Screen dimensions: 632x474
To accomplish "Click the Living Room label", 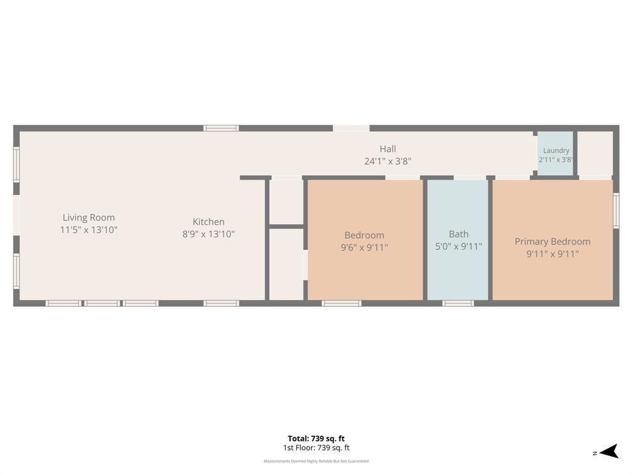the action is click(89, 218).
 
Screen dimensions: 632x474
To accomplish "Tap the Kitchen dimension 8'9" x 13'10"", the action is click(209, 234).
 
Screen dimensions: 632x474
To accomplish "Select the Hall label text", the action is click(388, 149).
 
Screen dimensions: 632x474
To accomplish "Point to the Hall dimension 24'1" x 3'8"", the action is click(388, 162).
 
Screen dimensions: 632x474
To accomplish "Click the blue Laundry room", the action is click(555, 154).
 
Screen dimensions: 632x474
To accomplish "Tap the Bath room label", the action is click(459, 234).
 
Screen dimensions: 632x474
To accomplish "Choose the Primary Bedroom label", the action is click(552, 242).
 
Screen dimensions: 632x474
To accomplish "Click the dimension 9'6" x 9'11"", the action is click(364, 247).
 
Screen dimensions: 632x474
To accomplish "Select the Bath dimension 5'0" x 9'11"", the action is click(459, 247).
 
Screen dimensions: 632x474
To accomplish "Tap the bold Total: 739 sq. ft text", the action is click(316, 439).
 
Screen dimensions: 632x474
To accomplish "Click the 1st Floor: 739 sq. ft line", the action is click(316, 448).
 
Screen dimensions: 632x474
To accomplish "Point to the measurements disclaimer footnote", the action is click(316, 461).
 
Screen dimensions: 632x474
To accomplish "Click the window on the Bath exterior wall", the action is click(458, 303).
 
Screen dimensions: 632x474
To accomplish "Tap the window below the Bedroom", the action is click(341, 303).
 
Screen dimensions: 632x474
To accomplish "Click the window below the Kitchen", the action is click(222, 303).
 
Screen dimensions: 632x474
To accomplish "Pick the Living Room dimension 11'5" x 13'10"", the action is click(89, 230).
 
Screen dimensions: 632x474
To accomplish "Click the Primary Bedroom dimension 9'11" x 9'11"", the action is click(552, 254).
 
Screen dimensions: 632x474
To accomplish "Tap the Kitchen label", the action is click(209, 222).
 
